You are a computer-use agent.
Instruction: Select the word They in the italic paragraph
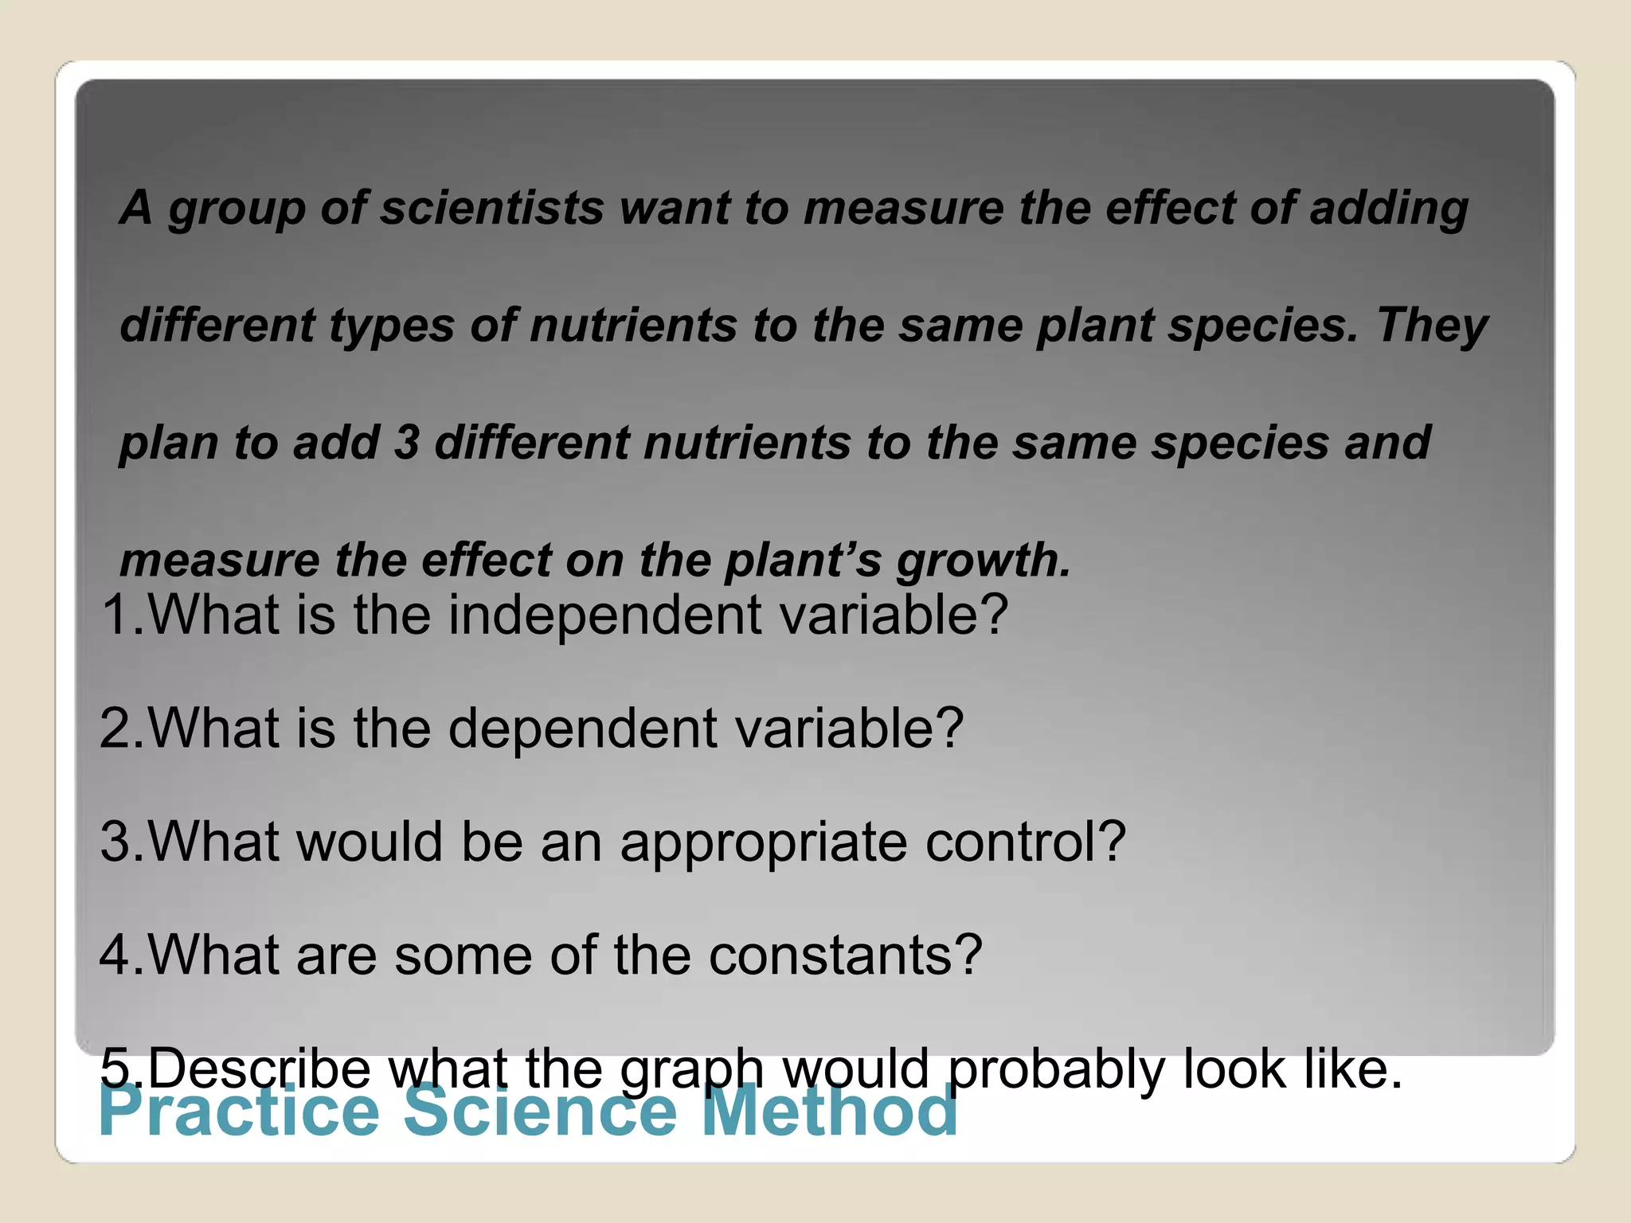tap(1431, 326)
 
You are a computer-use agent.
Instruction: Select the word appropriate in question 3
tap(764, 842)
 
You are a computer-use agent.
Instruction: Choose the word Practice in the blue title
tap(239, 1112)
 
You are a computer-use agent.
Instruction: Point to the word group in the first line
tap(237, 209)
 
